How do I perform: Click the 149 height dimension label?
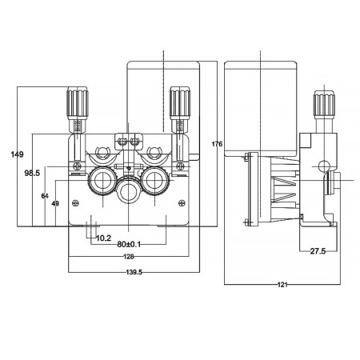click(16, 154)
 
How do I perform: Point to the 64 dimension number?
click(45, 194)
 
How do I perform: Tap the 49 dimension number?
click(54, 204)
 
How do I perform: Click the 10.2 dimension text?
click(102, 238)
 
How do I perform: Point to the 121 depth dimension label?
click(284, 284)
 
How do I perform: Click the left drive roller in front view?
click(102, 178)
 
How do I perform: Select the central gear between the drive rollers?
click(128, 192)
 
